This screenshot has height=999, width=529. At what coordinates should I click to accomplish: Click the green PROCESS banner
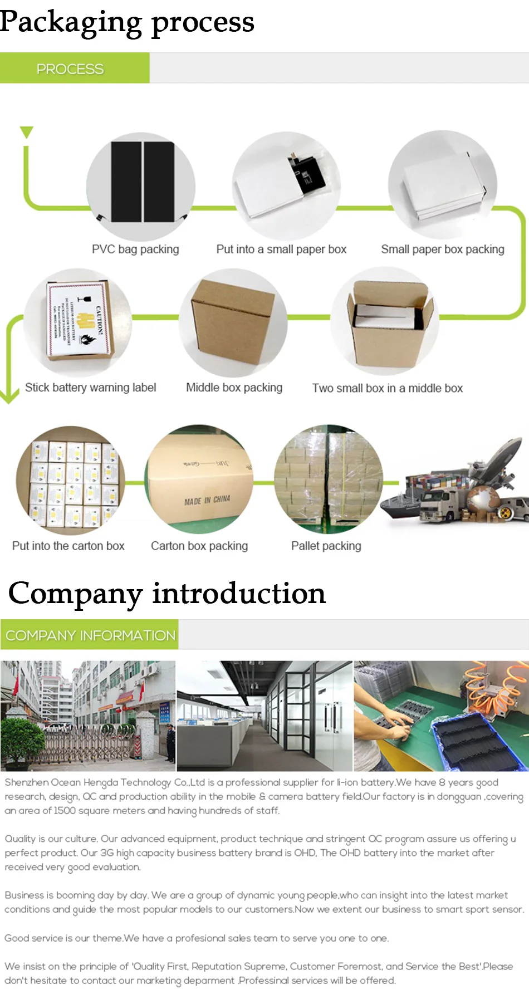coord(75,68)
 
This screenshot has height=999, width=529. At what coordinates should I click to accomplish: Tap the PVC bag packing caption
coord(135,249)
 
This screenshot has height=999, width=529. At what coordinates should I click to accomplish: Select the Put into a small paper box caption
coord(281,249)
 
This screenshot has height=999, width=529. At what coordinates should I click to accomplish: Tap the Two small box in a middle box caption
coord(387,388)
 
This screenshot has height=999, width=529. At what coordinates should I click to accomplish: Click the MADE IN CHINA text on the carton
coord(207,500)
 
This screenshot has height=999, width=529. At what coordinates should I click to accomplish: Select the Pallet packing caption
coord(326,546)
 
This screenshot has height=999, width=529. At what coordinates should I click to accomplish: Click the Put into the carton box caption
coord(68,546)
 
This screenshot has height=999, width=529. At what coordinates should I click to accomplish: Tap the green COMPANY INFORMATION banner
coord(90,635)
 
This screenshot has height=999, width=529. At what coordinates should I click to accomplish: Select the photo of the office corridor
coord(264,716)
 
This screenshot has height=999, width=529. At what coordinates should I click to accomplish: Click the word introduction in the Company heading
coord(239,593)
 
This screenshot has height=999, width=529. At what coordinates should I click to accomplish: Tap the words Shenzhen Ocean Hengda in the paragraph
coord(61,782)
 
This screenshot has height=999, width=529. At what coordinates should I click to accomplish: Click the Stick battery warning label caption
coord(90,388)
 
